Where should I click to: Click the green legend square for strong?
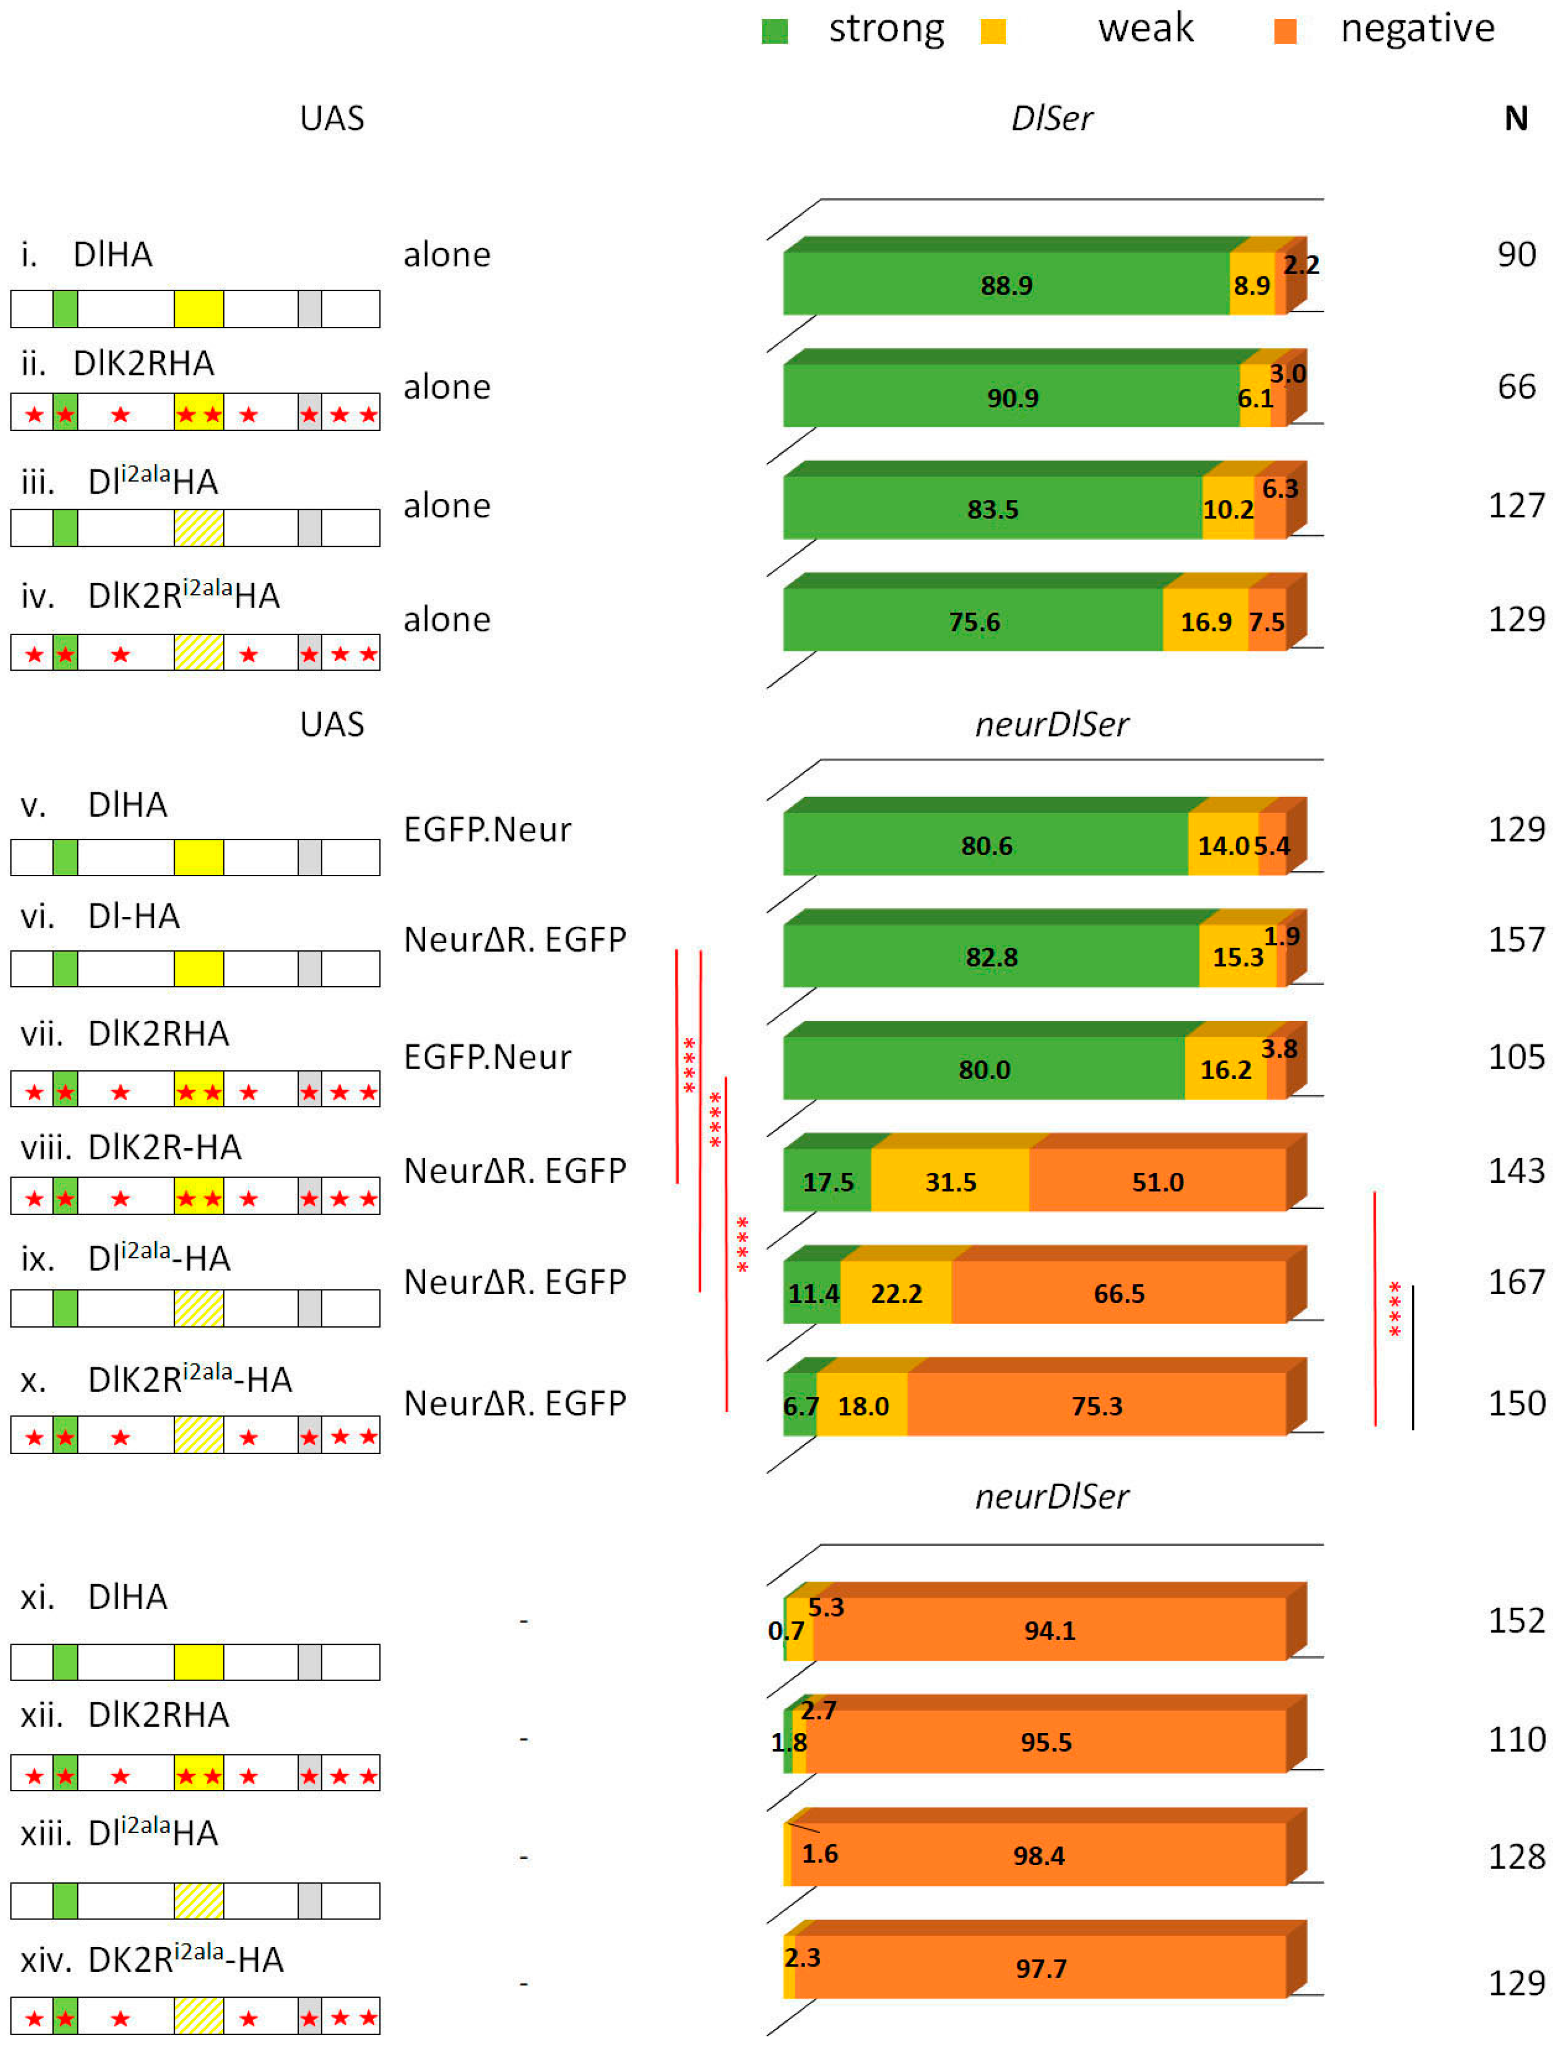click(x=775, y=32)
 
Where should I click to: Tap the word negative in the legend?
click(x=1417, y=29)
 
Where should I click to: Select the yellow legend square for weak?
click(x=993, y=32)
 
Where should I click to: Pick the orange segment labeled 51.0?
click(x=1157, y=1181)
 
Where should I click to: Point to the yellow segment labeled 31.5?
click(x=950, y=1181)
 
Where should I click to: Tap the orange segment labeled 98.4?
click(x=1038, y=1855)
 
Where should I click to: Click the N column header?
click(x=1515, y=119)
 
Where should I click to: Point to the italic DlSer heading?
click(x=1052, y=119)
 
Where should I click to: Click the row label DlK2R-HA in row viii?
click(x=165, y=1148)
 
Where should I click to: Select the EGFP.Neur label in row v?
click(x=487, y=829)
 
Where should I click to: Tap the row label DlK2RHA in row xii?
click(x=159, y=1715)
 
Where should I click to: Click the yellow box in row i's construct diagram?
click(x=199, y=309)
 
